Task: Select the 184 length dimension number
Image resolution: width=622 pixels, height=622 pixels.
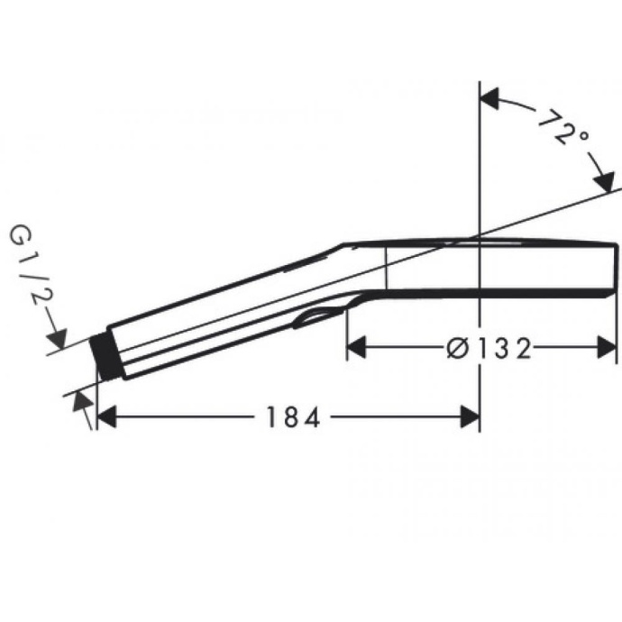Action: pos(292,416)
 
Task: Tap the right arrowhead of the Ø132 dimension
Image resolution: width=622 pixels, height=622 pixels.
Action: pos(607,345)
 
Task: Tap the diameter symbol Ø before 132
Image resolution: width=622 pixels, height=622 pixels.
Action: pos(457,345)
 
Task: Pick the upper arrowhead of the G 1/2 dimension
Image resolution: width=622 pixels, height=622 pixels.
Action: pos(59,340)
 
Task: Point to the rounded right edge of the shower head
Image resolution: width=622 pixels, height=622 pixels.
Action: pos(613,268)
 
